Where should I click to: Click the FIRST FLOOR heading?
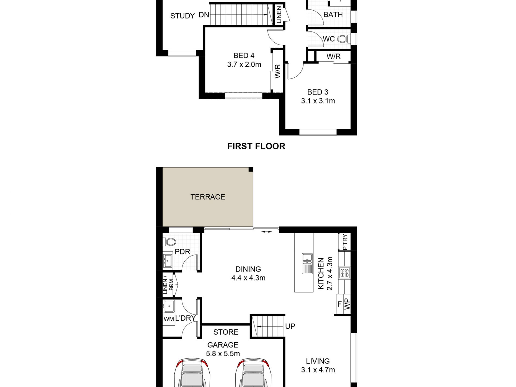(256, 146)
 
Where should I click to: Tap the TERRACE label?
(207, 197)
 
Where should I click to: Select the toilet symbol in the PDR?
(170, 241)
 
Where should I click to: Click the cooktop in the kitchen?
(344, 273)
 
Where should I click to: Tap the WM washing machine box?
(168, 319)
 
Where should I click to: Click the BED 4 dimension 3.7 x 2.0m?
(244, 65)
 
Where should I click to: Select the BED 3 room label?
(317, 92)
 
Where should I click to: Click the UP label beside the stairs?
(290, 326)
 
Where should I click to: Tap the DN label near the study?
(204, 15)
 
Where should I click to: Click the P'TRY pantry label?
(345, 242)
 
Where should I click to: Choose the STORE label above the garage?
(226, 332)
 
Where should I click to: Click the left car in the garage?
(192, 373)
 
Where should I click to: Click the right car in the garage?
(253, 373)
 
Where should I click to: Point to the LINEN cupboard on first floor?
(279, 15)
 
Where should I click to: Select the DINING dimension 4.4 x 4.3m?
(248, 278)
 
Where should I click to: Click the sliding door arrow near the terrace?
(266, 232)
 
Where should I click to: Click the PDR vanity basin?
(168, 260)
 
